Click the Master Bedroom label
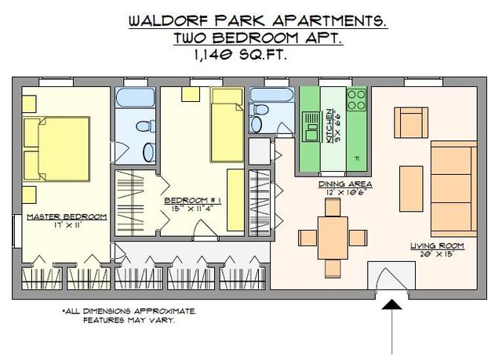[x=67, y=216]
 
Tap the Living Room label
[x=438, y=245]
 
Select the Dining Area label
[x=345, y=184]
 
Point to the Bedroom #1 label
[x=193, y=201]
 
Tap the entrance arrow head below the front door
[x=392, y=304]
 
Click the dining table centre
[x=333, y=238]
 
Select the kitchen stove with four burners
[x=357, y=99]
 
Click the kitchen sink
[x=311, y=126]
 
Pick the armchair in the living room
[x=411, y=122]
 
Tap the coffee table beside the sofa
[x=411, y=188]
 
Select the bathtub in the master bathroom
[x=135, y=97]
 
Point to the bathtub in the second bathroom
[x=272, y=95]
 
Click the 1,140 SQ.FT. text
[x=239, y=55]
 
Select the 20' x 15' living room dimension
[x=438, y=254]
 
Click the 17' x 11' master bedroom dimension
[x=68, y=225]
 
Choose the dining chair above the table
[x=333, y=207]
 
